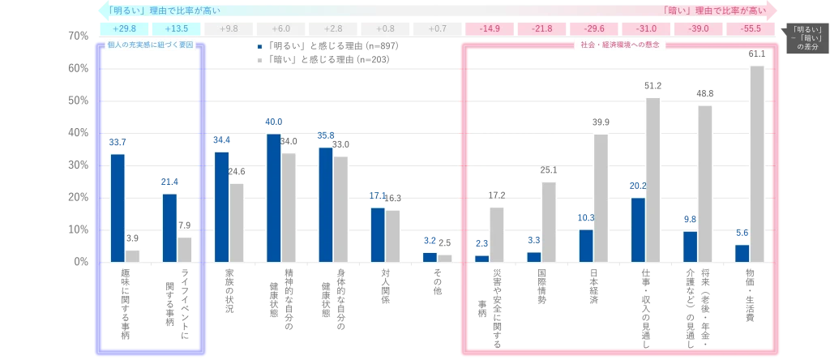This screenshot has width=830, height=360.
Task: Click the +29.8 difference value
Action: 124,28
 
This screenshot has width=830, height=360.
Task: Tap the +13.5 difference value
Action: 176,28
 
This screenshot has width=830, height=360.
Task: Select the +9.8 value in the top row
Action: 229,28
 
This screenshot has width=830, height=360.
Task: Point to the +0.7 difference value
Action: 437,28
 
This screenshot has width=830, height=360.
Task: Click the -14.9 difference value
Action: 490,28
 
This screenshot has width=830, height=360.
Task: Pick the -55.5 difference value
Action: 751,28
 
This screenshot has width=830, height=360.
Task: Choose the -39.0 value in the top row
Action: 699,28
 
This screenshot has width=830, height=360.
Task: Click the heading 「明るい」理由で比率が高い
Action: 163,11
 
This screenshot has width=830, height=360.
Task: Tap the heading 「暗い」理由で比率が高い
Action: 713,11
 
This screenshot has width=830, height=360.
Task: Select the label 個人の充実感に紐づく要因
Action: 151,45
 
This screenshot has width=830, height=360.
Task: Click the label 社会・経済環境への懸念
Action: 620,45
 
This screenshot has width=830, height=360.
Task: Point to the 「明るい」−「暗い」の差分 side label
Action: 807,38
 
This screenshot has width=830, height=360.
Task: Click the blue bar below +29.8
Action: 118,208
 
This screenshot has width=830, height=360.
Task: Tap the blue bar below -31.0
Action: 638,229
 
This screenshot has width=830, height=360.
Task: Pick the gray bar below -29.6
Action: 600,198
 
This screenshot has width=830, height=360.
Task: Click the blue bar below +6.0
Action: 274,198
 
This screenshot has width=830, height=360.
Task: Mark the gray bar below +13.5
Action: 185,250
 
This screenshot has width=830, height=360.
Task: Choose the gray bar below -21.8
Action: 548,222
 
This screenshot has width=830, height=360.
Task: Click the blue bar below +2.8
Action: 326,204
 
